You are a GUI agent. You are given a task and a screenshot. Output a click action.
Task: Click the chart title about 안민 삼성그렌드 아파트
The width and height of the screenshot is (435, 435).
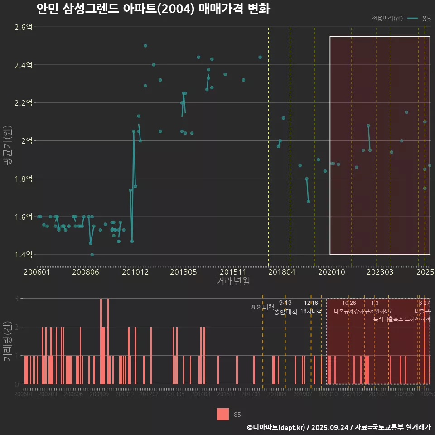point(153,9)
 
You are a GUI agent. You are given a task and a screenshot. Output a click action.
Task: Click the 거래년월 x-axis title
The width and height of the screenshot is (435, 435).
point(233,281)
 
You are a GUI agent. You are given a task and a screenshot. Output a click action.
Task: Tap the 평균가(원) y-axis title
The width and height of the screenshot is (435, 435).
point(7,141)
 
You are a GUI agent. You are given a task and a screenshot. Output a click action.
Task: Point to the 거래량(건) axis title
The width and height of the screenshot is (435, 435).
point(7,341)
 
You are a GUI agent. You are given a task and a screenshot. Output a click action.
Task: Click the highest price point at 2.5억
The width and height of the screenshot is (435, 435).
point(145,46)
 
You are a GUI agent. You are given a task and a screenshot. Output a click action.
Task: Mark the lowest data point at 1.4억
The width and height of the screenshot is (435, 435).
point(92,255)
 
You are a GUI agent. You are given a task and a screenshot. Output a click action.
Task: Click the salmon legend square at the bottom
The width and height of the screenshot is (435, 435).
point(223,414)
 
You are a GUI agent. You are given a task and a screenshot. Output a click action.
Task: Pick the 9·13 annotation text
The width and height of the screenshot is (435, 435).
point(285,303)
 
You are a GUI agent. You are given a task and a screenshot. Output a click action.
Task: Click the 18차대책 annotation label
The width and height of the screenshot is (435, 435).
point(311,311)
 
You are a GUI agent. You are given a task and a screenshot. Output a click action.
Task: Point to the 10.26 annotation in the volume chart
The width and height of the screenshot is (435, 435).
point(349,303)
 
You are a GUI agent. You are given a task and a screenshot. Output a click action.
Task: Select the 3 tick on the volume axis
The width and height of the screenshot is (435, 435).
point(16,299)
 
